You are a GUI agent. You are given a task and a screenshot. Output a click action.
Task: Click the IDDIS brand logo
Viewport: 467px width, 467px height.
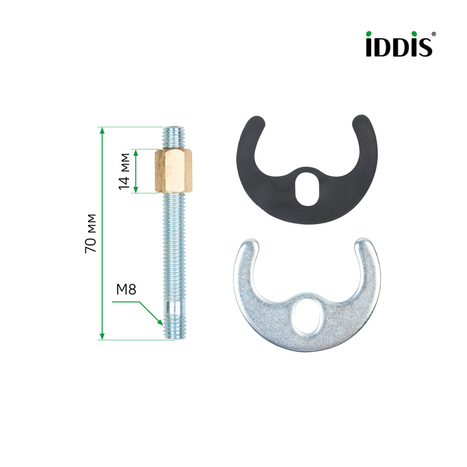399,44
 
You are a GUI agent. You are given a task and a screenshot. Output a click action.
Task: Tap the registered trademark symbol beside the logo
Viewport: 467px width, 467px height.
434,34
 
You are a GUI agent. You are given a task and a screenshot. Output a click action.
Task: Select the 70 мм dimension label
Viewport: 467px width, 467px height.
91,233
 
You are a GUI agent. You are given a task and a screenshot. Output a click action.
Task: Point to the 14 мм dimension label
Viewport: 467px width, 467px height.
124,171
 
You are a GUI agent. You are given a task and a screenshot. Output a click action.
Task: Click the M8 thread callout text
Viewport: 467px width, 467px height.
126,289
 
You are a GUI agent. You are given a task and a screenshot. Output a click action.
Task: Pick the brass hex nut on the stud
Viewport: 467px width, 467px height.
173,171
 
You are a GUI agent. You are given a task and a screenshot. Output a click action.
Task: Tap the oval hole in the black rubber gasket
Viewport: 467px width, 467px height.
308,188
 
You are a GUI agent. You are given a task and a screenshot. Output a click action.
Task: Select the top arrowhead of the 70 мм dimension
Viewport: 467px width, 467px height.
102,131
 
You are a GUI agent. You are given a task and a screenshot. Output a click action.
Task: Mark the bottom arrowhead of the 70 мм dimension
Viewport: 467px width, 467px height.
102,336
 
